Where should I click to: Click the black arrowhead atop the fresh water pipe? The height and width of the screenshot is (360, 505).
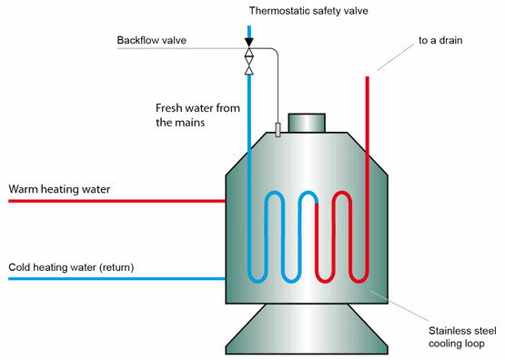coord(249,41)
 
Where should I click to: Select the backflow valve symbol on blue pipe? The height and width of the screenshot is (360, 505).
coord(249,62)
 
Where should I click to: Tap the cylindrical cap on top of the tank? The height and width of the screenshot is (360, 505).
coord(306,122)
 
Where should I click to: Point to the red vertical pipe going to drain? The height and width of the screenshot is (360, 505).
coord(367,136)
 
